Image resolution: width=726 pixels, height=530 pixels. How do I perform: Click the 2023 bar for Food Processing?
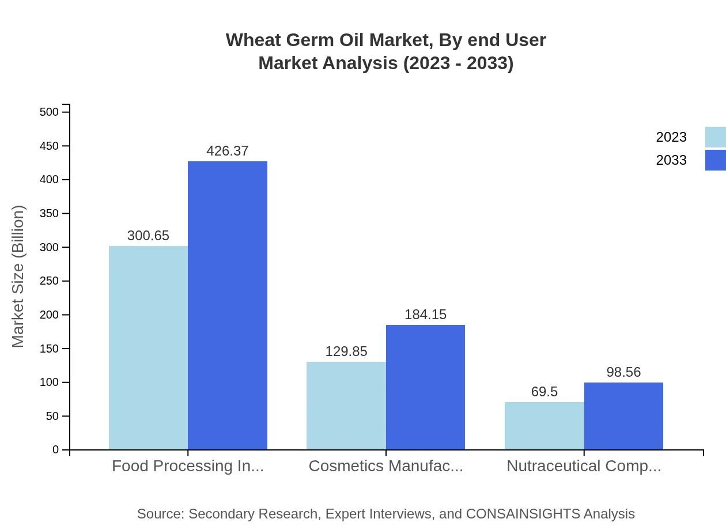click(148, 347)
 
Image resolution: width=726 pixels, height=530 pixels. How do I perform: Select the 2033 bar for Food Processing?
click(228, 305)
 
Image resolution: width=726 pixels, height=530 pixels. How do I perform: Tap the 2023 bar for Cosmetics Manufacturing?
click(346, 406)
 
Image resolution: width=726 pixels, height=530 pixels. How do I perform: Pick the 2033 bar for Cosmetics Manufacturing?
click(425, 387)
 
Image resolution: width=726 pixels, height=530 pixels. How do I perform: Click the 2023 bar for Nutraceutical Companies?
click(544, 426)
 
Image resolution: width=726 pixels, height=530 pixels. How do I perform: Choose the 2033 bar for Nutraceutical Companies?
click(623, 416)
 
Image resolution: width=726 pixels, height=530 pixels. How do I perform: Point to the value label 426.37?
click(228, 151)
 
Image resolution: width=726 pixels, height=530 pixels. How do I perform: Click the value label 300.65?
click(148, 236)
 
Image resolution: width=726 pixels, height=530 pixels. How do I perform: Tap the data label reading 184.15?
click(425, 315)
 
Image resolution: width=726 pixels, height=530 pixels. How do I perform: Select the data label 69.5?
click(544, 392)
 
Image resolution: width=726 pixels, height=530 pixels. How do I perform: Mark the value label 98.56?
click(623, 372)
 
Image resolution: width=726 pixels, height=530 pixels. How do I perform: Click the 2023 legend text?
click(671, 137)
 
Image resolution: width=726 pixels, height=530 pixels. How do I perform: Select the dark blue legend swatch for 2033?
click(715, 160)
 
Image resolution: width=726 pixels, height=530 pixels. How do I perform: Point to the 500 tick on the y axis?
click(50, 112)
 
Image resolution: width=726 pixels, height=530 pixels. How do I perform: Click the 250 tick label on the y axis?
click(50, 281)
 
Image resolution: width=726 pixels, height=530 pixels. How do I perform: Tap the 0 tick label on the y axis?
click(56, 450)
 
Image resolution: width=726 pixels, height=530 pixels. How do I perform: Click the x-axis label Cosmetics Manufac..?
click(385, 466)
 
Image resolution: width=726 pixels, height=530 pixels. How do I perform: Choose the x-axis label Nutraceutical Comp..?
click(584, 466)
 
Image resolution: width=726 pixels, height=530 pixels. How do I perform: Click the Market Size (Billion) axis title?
click(18, 277)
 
